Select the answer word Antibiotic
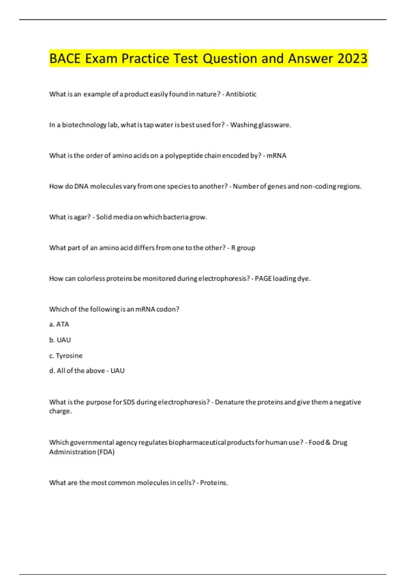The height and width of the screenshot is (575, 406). click(x=241, y=94)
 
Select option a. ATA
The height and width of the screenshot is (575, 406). click(x=59, y=324)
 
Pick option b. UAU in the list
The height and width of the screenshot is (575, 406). click(x=60, y=340)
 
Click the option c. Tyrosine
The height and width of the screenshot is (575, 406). click(x=66, y=355)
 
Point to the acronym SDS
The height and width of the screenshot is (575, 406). click(x=129, y=402)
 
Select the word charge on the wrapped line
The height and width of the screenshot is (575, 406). click(x=60, y=411)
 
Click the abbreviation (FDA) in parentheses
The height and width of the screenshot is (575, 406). click(x=106, y=452)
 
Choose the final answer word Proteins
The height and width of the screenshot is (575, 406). click(x=213, y=483)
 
